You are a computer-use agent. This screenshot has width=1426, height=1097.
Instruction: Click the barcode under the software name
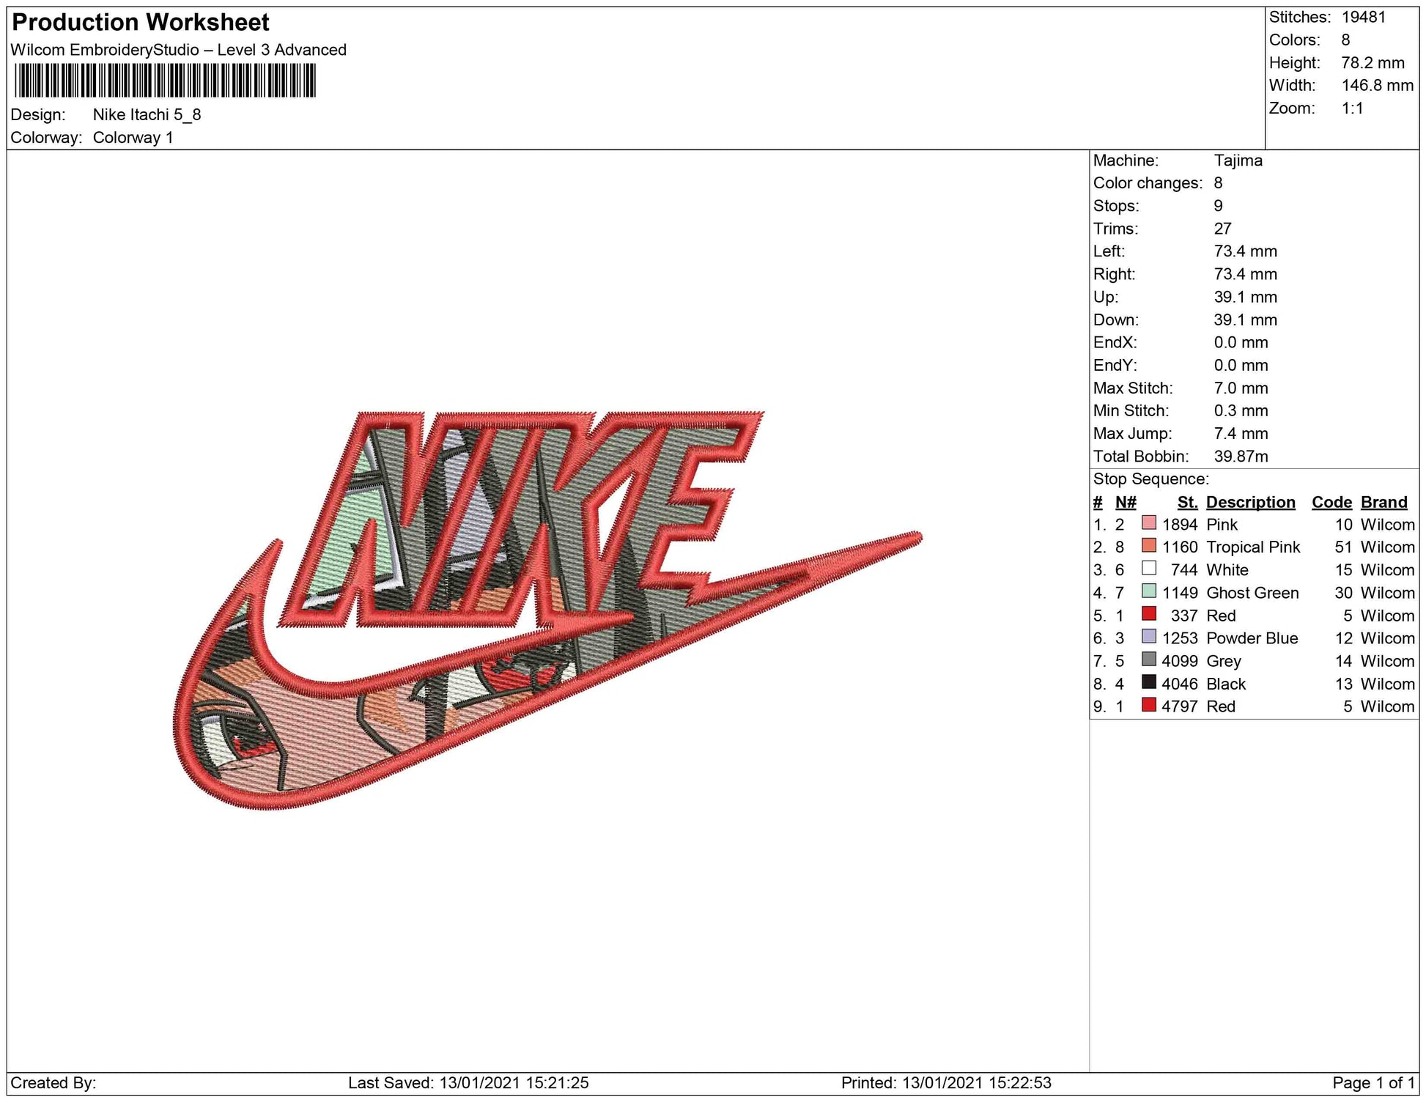tap(165, 81)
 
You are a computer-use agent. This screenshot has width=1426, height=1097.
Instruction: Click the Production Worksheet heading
tap(141, 23)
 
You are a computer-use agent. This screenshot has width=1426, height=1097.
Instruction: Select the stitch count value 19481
tap(1364, 17)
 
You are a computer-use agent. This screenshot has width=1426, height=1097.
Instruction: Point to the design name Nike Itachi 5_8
tap(147, 115)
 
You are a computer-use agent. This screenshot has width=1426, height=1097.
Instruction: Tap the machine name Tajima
tap(1238, 160)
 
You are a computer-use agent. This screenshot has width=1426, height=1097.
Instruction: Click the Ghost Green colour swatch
tap(1149, 591)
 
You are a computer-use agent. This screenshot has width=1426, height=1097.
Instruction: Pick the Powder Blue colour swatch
tap(1149, 636)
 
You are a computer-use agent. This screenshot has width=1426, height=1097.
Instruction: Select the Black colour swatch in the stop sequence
tap(1149, 682)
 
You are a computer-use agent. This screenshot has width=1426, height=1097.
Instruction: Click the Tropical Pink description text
tap(1253, 547)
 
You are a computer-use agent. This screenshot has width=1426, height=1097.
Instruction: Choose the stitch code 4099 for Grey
tap(1180, 661)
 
